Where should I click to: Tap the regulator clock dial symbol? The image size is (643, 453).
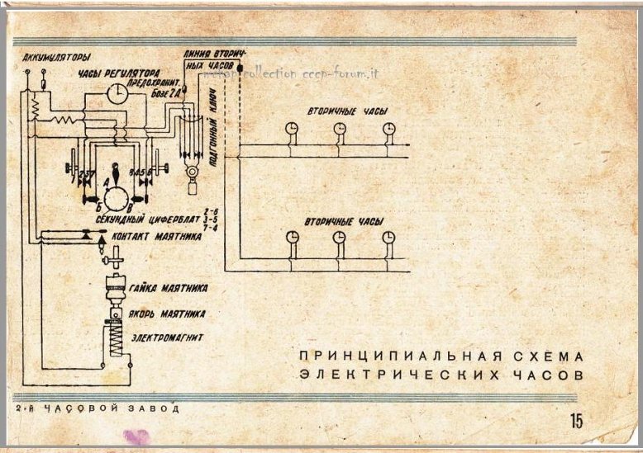click(x=119, y=96)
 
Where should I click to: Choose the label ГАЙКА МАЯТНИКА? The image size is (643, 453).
click(x=168, y=288)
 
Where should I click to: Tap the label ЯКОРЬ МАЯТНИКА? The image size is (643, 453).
click(x=167, y=314)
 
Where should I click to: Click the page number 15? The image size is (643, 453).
click(x=576, y=421)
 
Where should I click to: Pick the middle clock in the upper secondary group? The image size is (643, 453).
click(x=340, y=128)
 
